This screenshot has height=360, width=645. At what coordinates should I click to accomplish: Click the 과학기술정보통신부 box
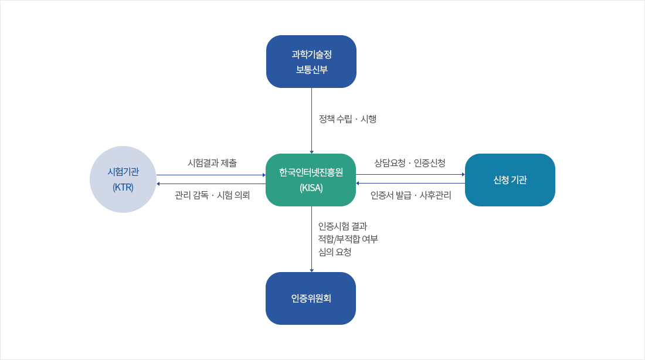click(311, 62)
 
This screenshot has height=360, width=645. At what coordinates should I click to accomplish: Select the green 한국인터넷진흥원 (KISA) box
click(311, 180)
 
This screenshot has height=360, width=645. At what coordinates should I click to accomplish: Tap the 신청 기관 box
click(510, 180)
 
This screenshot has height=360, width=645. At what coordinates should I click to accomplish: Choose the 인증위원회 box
click(311, 298)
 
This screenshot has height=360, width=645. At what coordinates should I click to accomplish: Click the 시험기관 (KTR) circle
click(123, 179)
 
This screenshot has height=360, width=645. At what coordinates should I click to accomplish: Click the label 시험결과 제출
click(212, 162)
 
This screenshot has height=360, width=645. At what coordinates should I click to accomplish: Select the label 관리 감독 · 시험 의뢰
click(212, 196)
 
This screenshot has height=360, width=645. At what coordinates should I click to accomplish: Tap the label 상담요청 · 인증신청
click(410, 162)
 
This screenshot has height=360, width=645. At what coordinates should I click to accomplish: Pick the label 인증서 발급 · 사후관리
click(410, 196)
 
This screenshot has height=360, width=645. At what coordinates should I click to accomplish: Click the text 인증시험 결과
click(342, 226)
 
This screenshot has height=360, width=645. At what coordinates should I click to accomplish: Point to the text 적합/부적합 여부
click(348, 239)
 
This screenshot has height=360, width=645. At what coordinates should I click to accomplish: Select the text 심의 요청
click(334, 252)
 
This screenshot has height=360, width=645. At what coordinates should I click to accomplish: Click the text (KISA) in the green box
click(311, 188)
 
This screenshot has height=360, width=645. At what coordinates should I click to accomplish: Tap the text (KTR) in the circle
click(123, 188)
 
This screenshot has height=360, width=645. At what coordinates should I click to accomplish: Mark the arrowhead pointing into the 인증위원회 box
click(311, 270)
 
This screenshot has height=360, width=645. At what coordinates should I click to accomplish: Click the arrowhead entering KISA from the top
click(311, 151)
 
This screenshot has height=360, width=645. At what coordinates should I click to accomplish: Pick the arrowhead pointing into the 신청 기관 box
click(463, 175)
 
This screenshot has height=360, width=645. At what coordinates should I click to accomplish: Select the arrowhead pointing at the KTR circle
click(158, 184)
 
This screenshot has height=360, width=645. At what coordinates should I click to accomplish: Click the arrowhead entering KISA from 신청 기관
click(358, 184)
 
